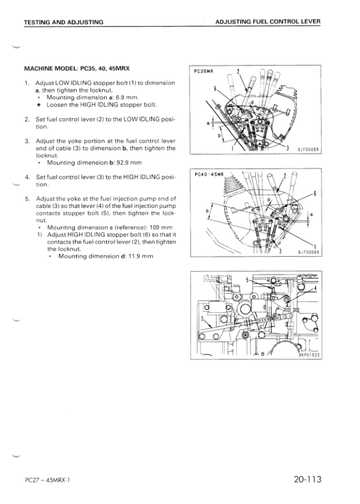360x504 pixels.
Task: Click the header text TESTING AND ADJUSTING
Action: click(63, 22)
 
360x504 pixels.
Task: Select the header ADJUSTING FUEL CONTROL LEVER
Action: click(268, 22)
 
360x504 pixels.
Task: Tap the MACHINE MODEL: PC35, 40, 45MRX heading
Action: click(77, 69)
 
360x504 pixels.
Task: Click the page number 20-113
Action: click(307, 480)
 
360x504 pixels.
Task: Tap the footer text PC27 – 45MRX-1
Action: click(47, 480)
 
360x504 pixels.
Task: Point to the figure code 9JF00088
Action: click(307, 149)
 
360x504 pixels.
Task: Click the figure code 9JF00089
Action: click(308, 253)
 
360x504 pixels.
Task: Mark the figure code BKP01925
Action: click(309, 355)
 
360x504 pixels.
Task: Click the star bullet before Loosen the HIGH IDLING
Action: click(39, 105)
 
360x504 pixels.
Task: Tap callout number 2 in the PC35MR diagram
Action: click(238, 71)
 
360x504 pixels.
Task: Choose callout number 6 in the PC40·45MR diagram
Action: click(315, 193)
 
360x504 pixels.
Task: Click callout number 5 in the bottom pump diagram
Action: click(247, 280)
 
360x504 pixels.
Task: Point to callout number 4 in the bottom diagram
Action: click(316, 288)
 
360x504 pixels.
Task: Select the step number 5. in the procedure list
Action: click(27, 199)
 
